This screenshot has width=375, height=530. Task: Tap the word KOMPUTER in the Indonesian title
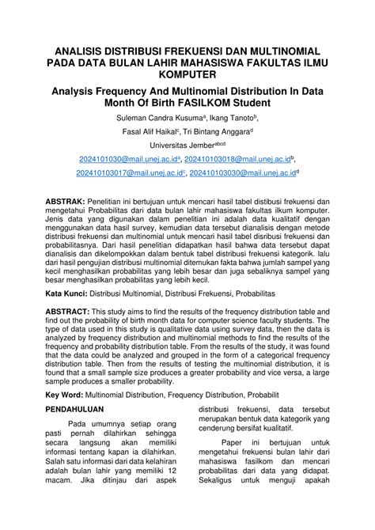(187, 73)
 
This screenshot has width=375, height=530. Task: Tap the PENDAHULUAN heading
(81, 434)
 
